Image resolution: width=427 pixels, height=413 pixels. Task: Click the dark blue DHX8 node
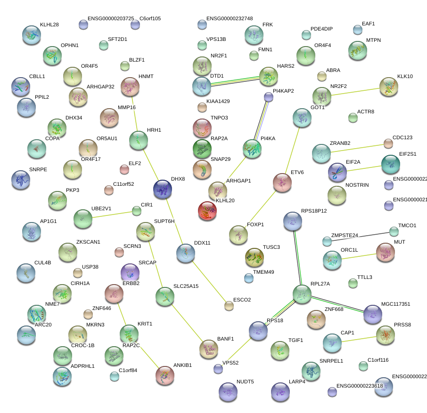(163, 189)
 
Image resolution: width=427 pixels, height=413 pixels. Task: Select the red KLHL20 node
(207, 211)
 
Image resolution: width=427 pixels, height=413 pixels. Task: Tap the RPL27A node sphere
(302, 294)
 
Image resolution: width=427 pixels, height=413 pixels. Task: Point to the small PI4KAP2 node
(269, 97)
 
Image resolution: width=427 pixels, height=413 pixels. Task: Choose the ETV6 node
(282, 183)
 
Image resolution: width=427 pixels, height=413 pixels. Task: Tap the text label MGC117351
(396, 304)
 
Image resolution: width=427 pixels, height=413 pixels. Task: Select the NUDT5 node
(229, 391)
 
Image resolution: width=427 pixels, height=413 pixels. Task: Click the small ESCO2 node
(229, 306)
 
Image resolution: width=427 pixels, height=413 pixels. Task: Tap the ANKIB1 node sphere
(165, 375)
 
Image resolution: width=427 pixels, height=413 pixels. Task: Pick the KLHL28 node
(32, 35)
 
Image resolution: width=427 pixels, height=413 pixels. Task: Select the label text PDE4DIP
(321, 29)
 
